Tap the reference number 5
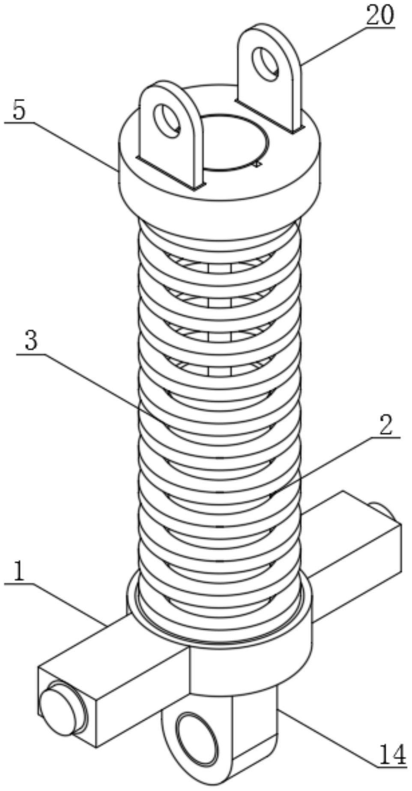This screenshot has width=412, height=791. tap(19, 110)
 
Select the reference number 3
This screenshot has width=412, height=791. tap(31, 342)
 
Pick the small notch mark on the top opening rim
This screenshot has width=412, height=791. tap(257, 164)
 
